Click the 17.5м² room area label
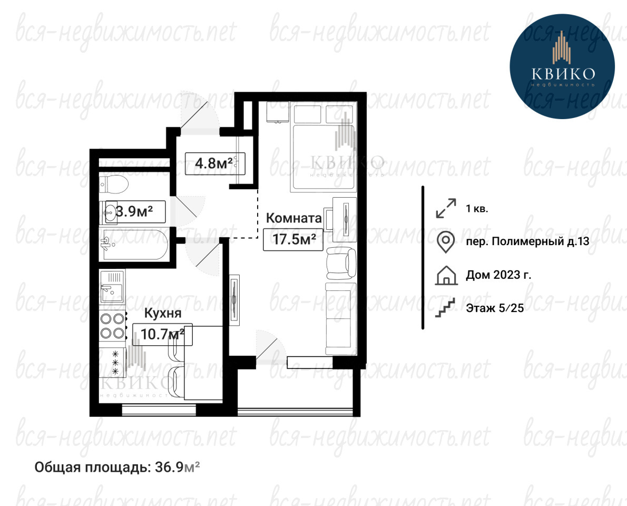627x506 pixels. [294, 239]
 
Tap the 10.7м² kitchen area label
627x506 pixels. [162, 334]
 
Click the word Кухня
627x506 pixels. [163, 313]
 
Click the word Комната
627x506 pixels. [294, 218]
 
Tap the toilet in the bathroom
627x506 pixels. [114, 184]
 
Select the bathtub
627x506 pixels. [133, 245]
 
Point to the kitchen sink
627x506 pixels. [112, 286]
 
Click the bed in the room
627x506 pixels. [324, 147]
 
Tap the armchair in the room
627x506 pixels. [341, 263]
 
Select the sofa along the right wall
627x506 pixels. [341, 318]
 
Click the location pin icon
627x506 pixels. [445, 241]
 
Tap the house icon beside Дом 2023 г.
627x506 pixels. [446, 275]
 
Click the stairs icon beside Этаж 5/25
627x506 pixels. [445, 308]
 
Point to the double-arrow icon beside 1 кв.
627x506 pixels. [446, 208]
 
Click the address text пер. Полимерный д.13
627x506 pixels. [527, 241]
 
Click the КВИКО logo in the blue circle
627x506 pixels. [563, 66]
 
